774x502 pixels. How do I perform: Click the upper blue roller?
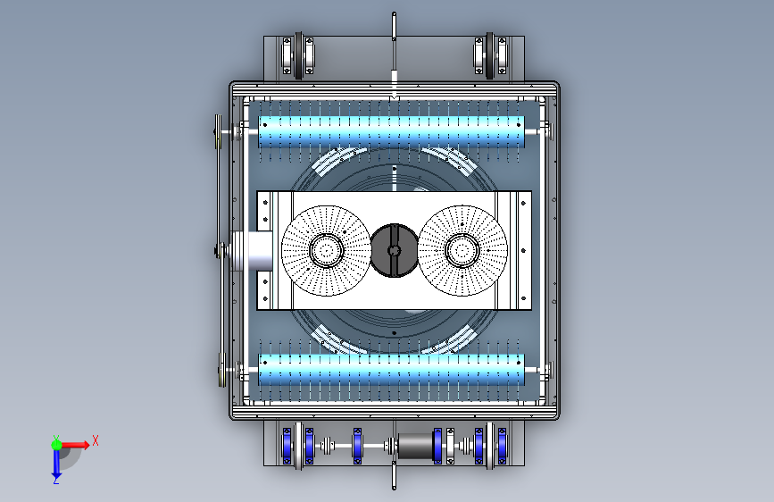391,131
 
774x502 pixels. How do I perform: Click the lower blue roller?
391,370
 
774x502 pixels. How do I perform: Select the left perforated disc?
326,250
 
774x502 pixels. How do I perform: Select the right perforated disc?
462,250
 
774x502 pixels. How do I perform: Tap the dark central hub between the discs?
394,250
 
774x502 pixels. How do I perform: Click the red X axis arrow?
74,445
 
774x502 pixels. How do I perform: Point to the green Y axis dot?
56,445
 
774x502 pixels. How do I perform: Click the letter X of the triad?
96,440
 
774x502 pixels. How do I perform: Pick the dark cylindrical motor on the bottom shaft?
415,446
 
